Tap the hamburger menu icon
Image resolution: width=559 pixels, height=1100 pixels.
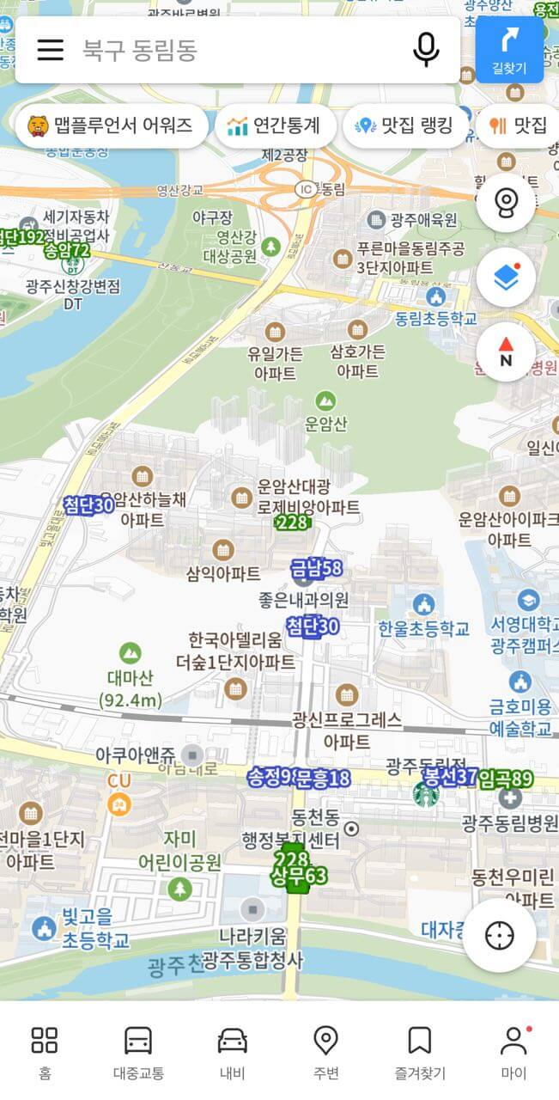51,50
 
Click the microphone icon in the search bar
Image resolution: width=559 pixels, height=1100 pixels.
426,50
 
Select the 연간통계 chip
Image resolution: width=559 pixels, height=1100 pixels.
274,126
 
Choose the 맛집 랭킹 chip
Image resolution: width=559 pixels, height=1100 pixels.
404,126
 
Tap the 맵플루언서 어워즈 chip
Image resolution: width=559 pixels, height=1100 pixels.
112,126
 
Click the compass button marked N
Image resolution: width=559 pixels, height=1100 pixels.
506,351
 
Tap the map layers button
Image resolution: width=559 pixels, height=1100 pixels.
506,277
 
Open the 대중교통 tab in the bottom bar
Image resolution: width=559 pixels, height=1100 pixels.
138,1051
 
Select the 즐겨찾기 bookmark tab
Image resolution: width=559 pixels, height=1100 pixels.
419,1051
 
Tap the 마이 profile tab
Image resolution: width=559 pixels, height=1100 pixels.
513,1051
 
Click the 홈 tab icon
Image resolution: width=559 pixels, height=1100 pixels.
45,1051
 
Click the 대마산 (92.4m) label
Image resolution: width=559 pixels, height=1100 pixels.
131,687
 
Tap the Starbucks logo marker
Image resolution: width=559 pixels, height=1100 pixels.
425,794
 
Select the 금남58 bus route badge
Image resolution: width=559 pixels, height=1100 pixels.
317,568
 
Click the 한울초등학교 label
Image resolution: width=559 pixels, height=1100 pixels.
424,628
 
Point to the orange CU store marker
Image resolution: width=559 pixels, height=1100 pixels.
119,804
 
